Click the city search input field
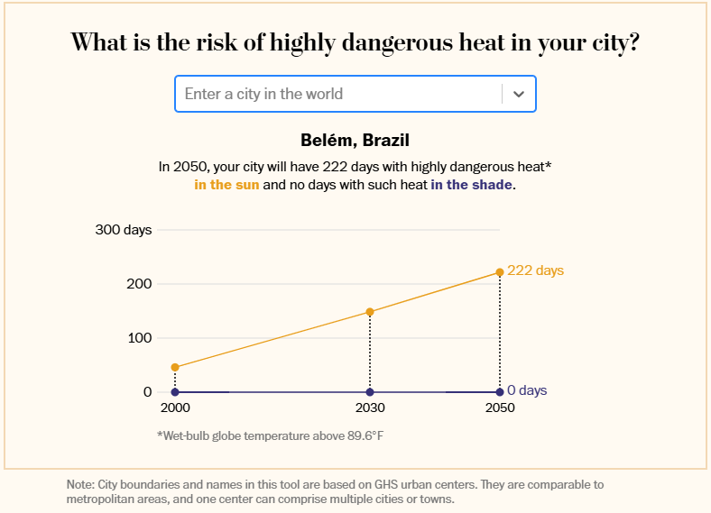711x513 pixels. click(338, 94)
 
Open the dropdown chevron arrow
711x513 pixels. click(519, 94)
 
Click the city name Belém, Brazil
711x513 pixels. click(355, 141)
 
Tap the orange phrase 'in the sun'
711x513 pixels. click(226, 185)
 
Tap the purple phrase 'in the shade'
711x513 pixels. click(471, 185)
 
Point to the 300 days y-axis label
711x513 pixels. click(124, 230)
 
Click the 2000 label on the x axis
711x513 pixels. click(175, 408)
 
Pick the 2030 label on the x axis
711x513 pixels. click(370, 408)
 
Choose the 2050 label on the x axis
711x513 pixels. click(500, 408)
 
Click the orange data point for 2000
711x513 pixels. click(175, 367)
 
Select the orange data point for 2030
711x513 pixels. click(370, 312)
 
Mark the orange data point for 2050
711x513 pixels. click(500, 272)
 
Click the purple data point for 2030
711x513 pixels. click(370, 392)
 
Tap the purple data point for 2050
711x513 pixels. click(500, 392)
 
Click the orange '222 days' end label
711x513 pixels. click(535, 270)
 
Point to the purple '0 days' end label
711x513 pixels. click(527, 391)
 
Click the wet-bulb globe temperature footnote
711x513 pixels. click(277, 435)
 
